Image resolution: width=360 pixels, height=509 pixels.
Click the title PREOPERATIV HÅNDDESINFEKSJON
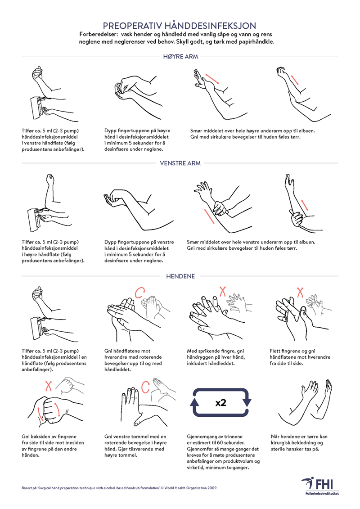[x=180, y=26]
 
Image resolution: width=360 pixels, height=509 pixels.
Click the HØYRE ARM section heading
[x=180, y=57]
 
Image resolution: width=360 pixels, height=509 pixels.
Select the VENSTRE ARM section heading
[x=180, y=163]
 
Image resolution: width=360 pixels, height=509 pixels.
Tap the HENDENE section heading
[x=180, y=276]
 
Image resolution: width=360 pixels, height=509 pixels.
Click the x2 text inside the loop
[x=221, y=403]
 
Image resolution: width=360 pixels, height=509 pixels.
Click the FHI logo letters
[x=324, y=484]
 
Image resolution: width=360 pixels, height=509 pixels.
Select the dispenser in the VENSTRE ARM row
[x=34, y=220]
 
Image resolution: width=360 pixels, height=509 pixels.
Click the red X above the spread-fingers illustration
[x=223, y=291]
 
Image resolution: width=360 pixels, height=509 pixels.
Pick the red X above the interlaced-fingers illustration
[x=300, y=292]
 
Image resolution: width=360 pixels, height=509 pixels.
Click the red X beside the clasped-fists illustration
[x=48, y=386]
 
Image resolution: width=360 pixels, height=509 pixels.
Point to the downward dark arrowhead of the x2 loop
[x=247, y=402]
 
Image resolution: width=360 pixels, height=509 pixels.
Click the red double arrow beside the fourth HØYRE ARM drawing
[x=295, y=80]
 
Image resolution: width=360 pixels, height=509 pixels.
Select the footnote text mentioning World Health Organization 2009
[x=119, y=488]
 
